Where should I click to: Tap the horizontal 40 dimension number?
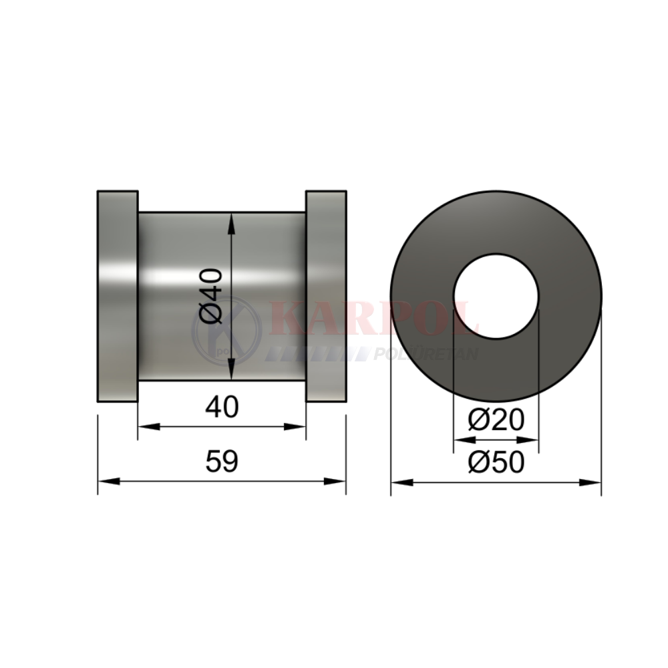(x=222, y=407)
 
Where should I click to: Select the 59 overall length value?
(x=222, y=462)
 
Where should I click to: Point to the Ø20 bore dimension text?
(x=496, y=420)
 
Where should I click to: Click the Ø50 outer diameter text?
(x=496, y=462)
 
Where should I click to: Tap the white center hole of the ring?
(x=496, y=297)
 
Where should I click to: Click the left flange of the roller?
(x=118, y=296)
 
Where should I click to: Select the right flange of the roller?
(x=326, y=296)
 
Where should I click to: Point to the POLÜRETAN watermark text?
(x=426, y=354)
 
